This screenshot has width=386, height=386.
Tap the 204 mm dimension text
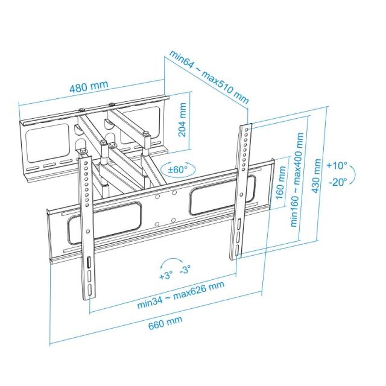(183, 120)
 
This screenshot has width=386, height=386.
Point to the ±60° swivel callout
(178, 169)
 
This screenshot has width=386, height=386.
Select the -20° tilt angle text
(338, 182)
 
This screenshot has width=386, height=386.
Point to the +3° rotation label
(166, 276)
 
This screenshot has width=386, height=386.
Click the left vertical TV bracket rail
(87, 229)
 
